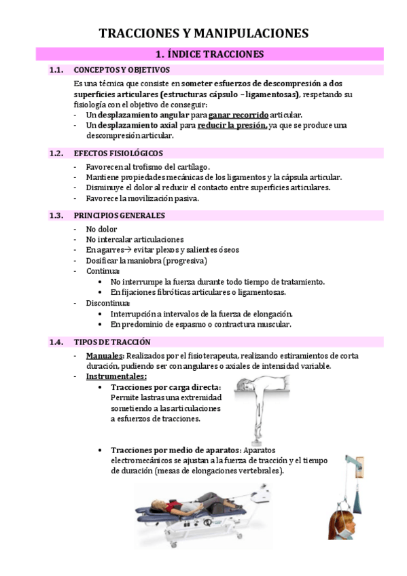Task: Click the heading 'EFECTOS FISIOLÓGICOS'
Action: pos(118,154)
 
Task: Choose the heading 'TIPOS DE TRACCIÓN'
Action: pos(112,342)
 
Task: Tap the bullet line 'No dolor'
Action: pos(101,229)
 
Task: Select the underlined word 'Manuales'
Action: pos(104,356)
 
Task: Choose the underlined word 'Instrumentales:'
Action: pos(116,376)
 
